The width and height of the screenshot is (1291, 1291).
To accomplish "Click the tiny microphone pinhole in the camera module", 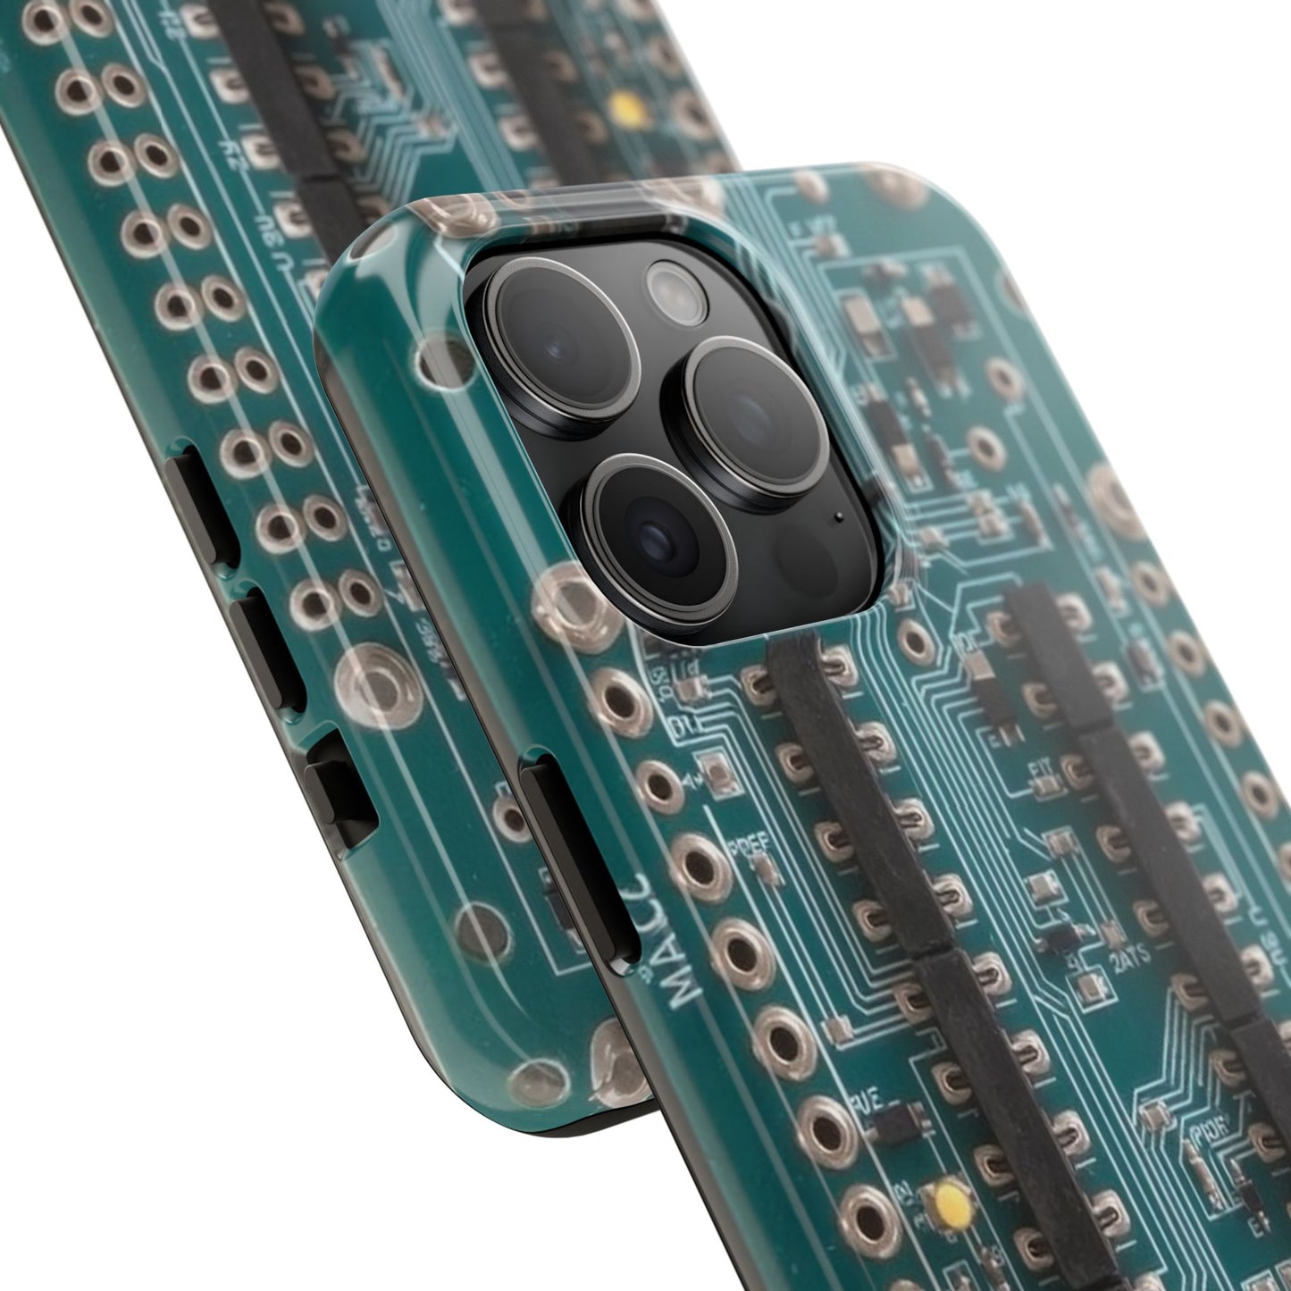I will click(838, 516).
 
